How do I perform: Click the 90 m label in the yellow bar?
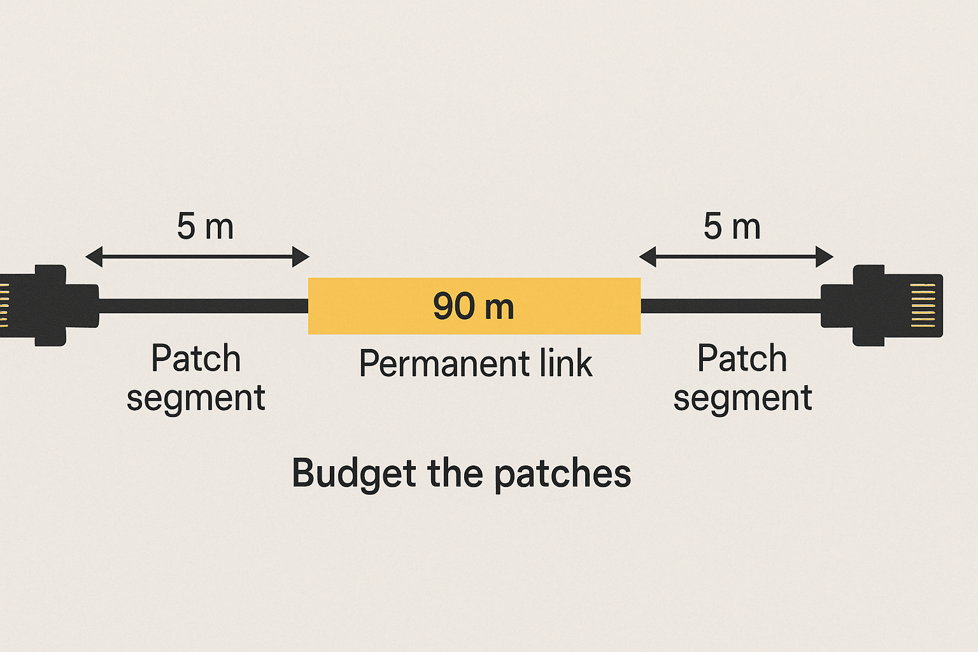tap(473, 306)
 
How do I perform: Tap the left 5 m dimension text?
tap(205, 227)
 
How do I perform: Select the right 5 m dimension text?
tap(732, 227)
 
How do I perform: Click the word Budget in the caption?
tap(354, 474)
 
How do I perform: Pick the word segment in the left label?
tap(195, 399)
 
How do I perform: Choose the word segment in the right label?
tap(742, 399)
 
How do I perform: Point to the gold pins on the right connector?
tap(923, 306)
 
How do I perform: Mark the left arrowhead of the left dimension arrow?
tap(93, 257)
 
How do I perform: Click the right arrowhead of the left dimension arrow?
tap(301, 257)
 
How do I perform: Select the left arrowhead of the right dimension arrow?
tap(647, 257)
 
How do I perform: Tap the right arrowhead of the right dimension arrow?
tap(825, 257)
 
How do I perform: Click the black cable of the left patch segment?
tap(204, 306)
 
